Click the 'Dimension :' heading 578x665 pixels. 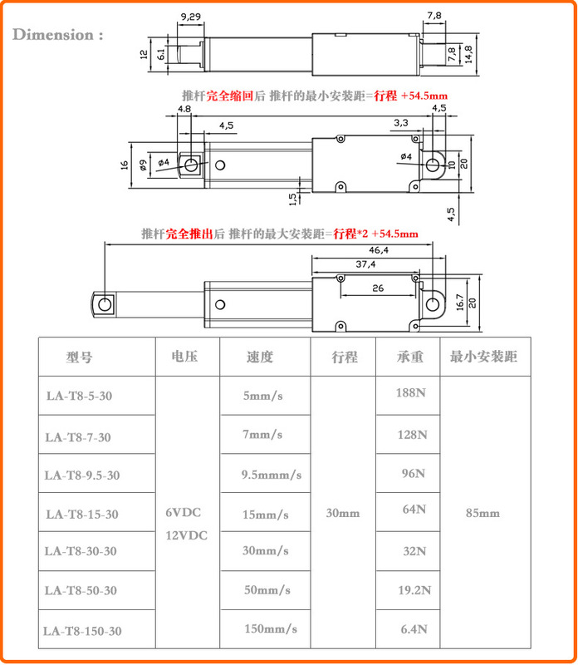[58, 35]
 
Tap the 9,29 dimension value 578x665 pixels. [191, 16]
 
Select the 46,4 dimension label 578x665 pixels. [379, 250]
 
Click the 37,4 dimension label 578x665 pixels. [365, 264]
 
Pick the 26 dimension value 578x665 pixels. [378, 288]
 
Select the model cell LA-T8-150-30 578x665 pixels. [83, 632]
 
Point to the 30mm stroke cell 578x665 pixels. [343, 514]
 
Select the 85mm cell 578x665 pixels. [483, 514]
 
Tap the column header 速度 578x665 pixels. [259, 357]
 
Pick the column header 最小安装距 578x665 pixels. [483, 357]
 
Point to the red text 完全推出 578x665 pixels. [184, 234]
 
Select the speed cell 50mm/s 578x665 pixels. [267, 590]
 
